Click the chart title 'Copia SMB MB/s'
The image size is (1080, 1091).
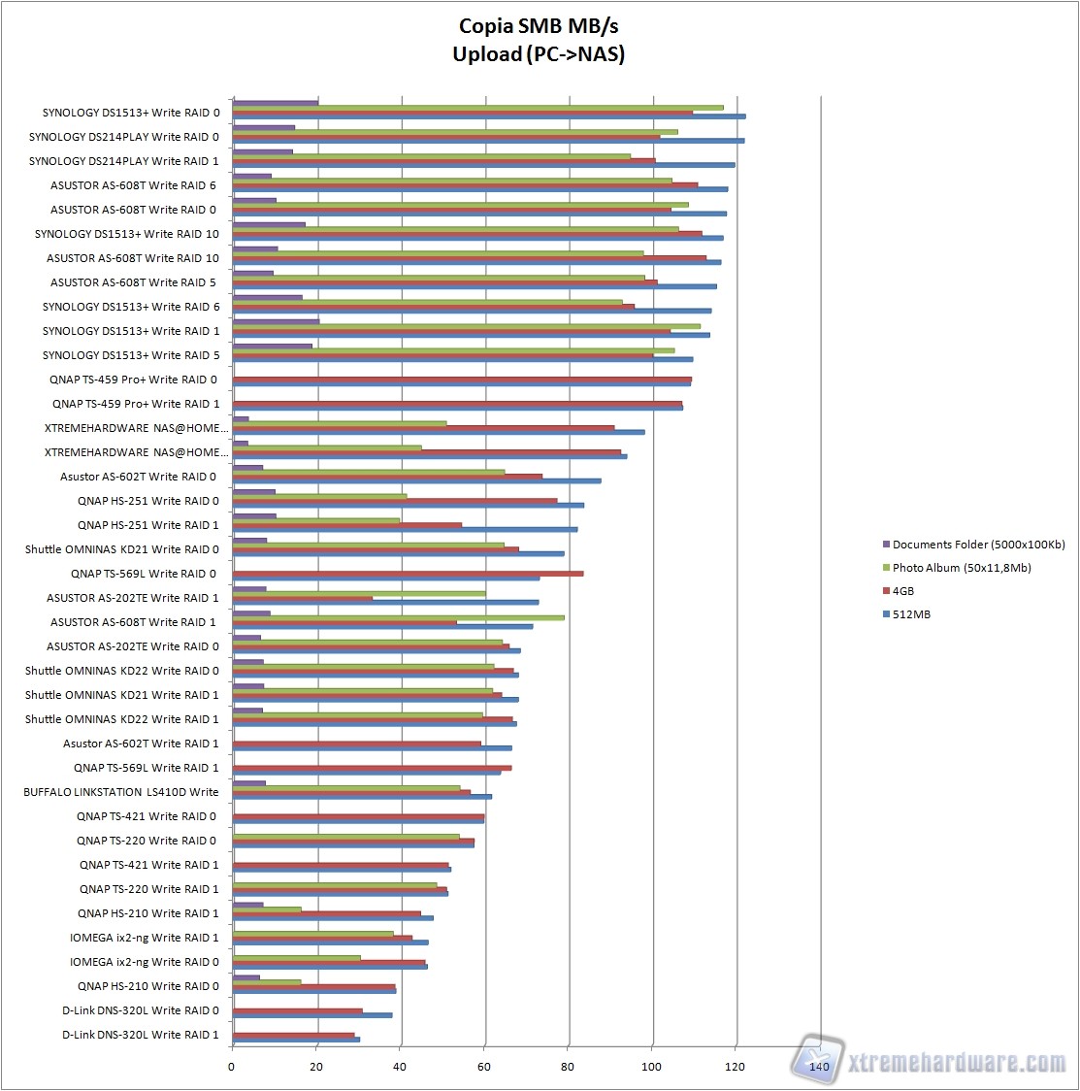coord(539,26)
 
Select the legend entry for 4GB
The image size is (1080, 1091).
coord(902,591)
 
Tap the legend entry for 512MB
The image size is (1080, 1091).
coord(910,614)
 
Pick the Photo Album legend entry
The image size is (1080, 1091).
coord(961,568)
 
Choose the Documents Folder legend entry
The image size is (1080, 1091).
coord(977,545)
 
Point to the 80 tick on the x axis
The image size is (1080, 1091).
coord(568,1067)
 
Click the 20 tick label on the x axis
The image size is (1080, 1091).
coord(315,1067)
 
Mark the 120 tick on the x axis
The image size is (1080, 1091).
coord(736,1067)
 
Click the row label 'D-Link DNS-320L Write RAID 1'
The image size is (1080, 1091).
coord(141,1035)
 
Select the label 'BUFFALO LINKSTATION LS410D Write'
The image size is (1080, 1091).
coord(121,792)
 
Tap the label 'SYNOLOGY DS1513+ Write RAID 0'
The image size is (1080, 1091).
coord(131,113)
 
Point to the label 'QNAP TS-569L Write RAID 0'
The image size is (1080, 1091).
coord(144,574)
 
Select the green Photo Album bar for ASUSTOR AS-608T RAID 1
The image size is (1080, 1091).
coord(398,617)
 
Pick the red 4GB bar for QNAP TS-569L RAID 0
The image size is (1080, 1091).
coord(408,574)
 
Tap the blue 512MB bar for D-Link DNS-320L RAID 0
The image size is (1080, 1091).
coord(312,1015)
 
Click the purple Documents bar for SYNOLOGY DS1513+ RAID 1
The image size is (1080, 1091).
coord(276,321)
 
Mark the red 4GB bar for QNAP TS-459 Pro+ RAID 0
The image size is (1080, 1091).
coord(462,379)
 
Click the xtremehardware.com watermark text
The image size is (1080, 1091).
coord(956,1063)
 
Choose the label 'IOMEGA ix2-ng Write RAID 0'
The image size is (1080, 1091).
coord(145,962)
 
